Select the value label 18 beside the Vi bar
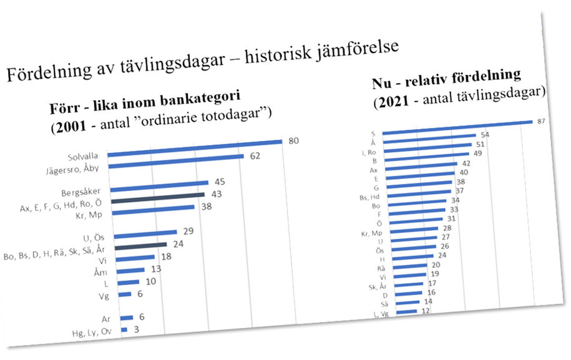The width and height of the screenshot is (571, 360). (x=165, y=255)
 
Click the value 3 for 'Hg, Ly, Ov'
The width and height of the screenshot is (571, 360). (x=136, y=329)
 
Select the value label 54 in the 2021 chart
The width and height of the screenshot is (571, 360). (x=484, y=135)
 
